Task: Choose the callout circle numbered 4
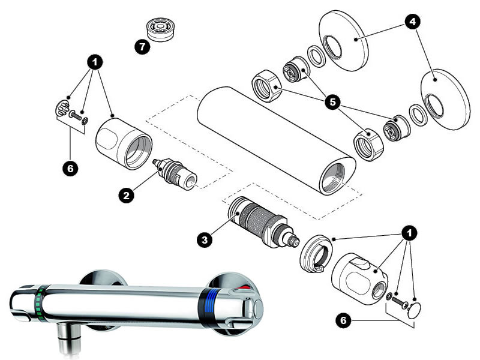pos(412,22)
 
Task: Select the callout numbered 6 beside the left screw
pos(70,169)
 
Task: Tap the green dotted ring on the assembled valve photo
pos(40,302)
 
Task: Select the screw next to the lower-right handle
pos(398,301)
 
